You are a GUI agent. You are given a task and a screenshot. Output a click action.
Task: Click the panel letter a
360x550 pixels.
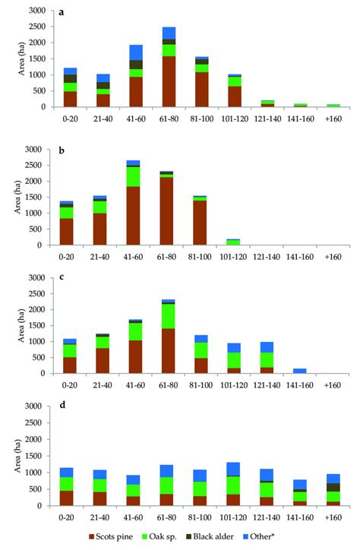coord(62,13)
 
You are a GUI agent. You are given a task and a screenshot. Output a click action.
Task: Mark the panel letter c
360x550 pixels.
coord(62,280)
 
